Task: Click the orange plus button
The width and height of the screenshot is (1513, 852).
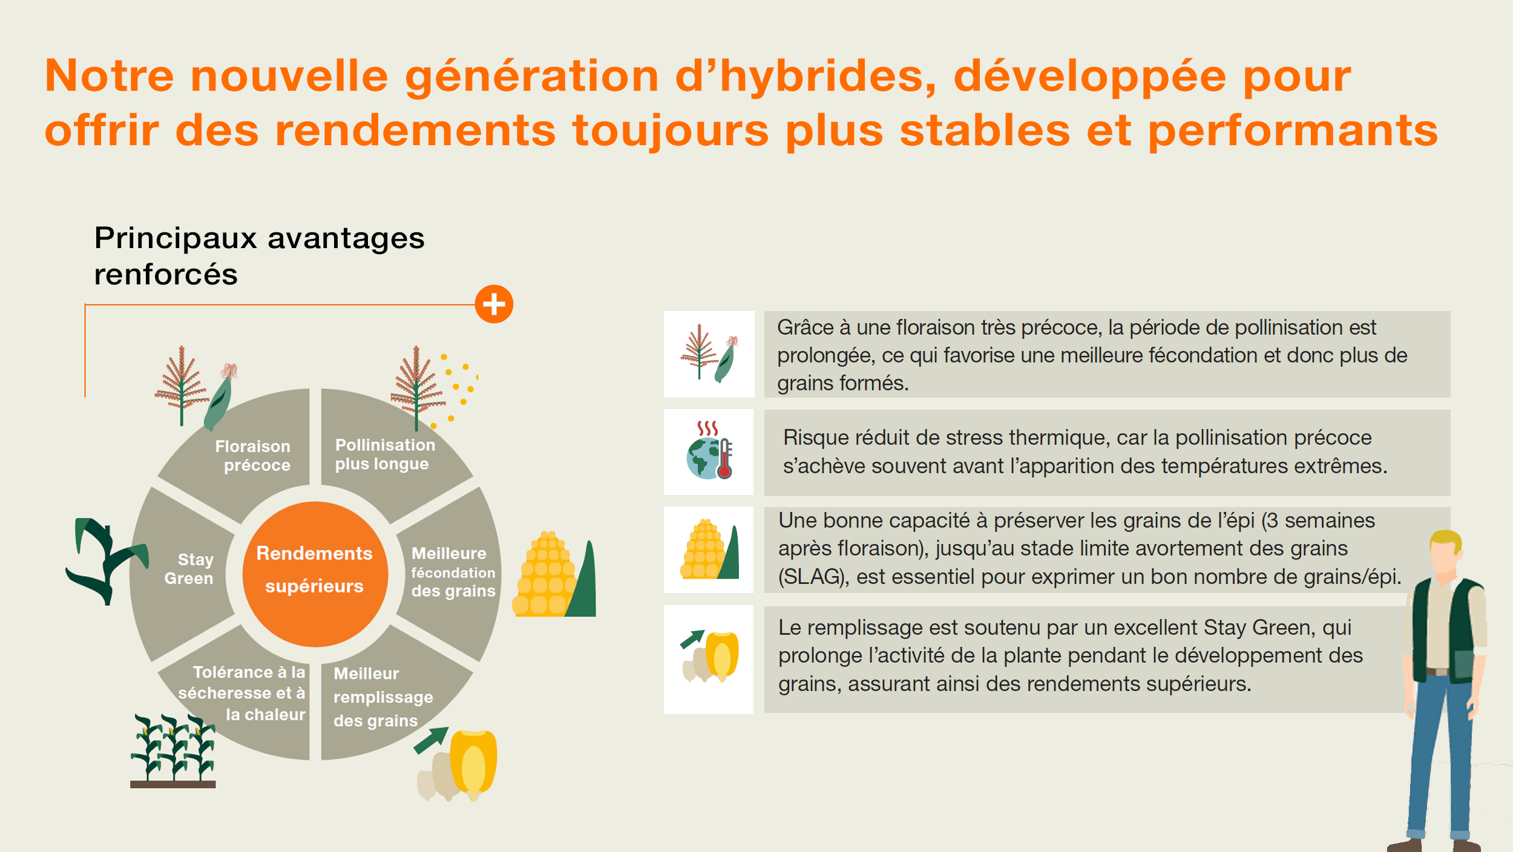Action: pos(494,304)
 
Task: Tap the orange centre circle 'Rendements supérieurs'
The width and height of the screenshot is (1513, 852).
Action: pos(315,574)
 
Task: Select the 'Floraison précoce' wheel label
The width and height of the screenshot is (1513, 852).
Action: pos(254,456)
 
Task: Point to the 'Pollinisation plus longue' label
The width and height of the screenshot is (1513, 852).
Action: pos(385,454)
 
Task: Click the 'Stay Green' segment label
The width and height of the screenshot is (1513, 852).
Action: pos(189,569)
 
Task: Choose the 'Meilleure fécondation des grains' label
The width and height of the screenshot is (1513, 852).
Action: pos(453,572)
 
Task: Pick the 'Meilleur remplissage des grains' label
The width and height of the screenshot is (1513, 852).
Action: pos(383,697)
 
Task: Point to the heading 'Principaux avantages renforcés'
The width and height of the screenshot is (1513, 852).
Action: pos(259,255)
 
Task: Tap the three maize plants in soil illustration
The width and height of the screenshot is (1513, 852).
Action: pos(173,751)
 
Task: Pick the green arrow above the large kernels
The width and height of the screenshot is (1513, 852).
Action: pos(431,740)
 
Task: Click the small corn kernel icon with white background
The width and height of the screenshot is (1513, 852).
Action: pos(709,659)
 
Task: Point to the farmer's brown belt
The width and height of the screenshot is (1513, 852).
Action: pos(1438,672)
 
